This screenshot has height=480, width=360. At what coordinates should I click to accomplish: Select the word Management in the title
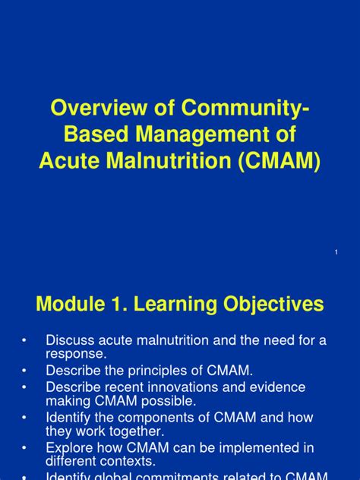[x=194, y=136]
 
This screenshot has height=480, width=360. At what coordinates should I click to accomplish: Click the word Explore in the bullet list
[x=70, y=447]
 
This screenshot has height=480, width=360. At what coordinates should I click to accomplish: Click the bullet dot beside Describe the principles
[x=25, y=371]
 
